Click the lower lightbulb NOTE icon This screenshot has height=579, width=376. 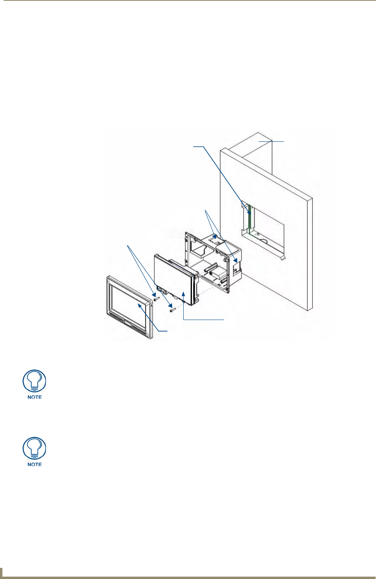click(x=35, y=449)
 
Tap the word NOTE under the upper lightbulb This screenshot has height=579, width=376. click(x=35, y=397)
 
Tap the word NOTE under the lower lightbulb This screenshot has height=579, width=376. click(x=35, y=464)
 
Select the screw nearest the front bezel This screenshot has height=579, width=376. click(x=156, y=298)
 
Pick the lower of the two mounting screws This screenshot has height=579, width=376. click(x=172, y=309)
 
